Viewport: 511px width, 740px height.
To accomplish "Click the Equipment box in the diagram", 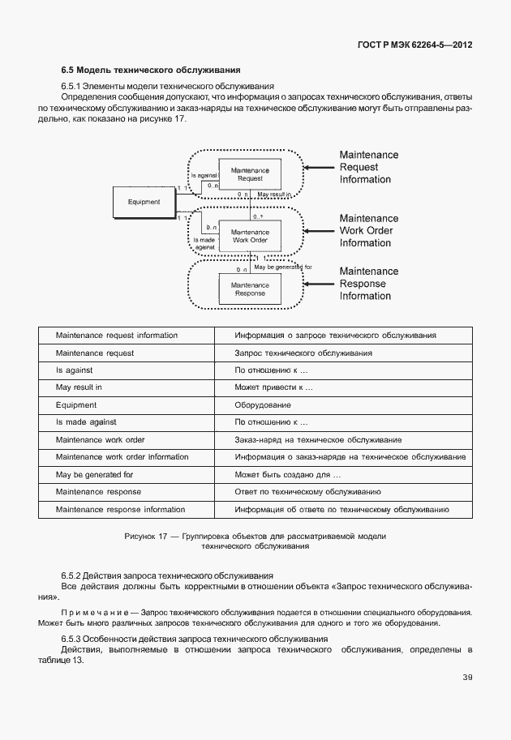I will [x=144, y=202].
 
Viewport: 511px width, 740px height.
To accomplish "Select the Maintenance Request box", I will [x=250, y=174].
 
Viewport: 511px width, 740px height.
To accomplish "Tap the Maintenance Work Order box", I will [x=250, y=235].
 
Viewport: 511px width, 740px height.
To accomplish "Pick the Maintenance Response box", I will [x=250, y=289].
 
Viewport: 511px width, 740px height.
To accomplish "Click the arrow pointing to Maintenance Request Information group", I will [x=318, y=167].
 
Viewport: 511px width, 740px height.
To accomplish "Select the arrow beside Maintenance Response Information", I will [x=318, y=284].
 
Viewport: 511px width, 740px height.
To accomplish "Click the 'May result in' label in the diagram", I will [x=274, y=195].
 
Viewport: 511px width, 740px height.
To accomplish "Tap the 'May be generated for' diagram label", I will [x=282, y=267].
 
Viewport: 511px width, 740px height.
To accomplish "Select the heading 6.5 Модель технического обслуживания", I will [x=150, y=70].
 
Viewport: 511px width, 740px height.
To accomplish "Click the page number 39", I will [x=467, y=678].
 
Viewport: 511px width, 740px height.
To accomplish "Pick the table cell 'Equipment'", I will [x=76, y=404].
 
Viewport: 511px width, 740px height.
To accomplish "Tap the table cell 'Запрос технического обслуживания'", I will [x=303, y=353].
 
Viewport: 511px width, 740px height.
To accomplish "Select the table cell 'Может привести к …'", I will [x=273, y=387].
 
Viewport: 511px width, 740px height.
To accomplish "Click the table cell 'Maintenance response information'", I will [x=120, y=510].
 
